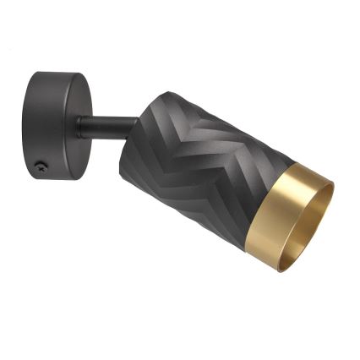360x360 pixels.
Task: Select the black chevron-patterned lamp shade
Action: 203,152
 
